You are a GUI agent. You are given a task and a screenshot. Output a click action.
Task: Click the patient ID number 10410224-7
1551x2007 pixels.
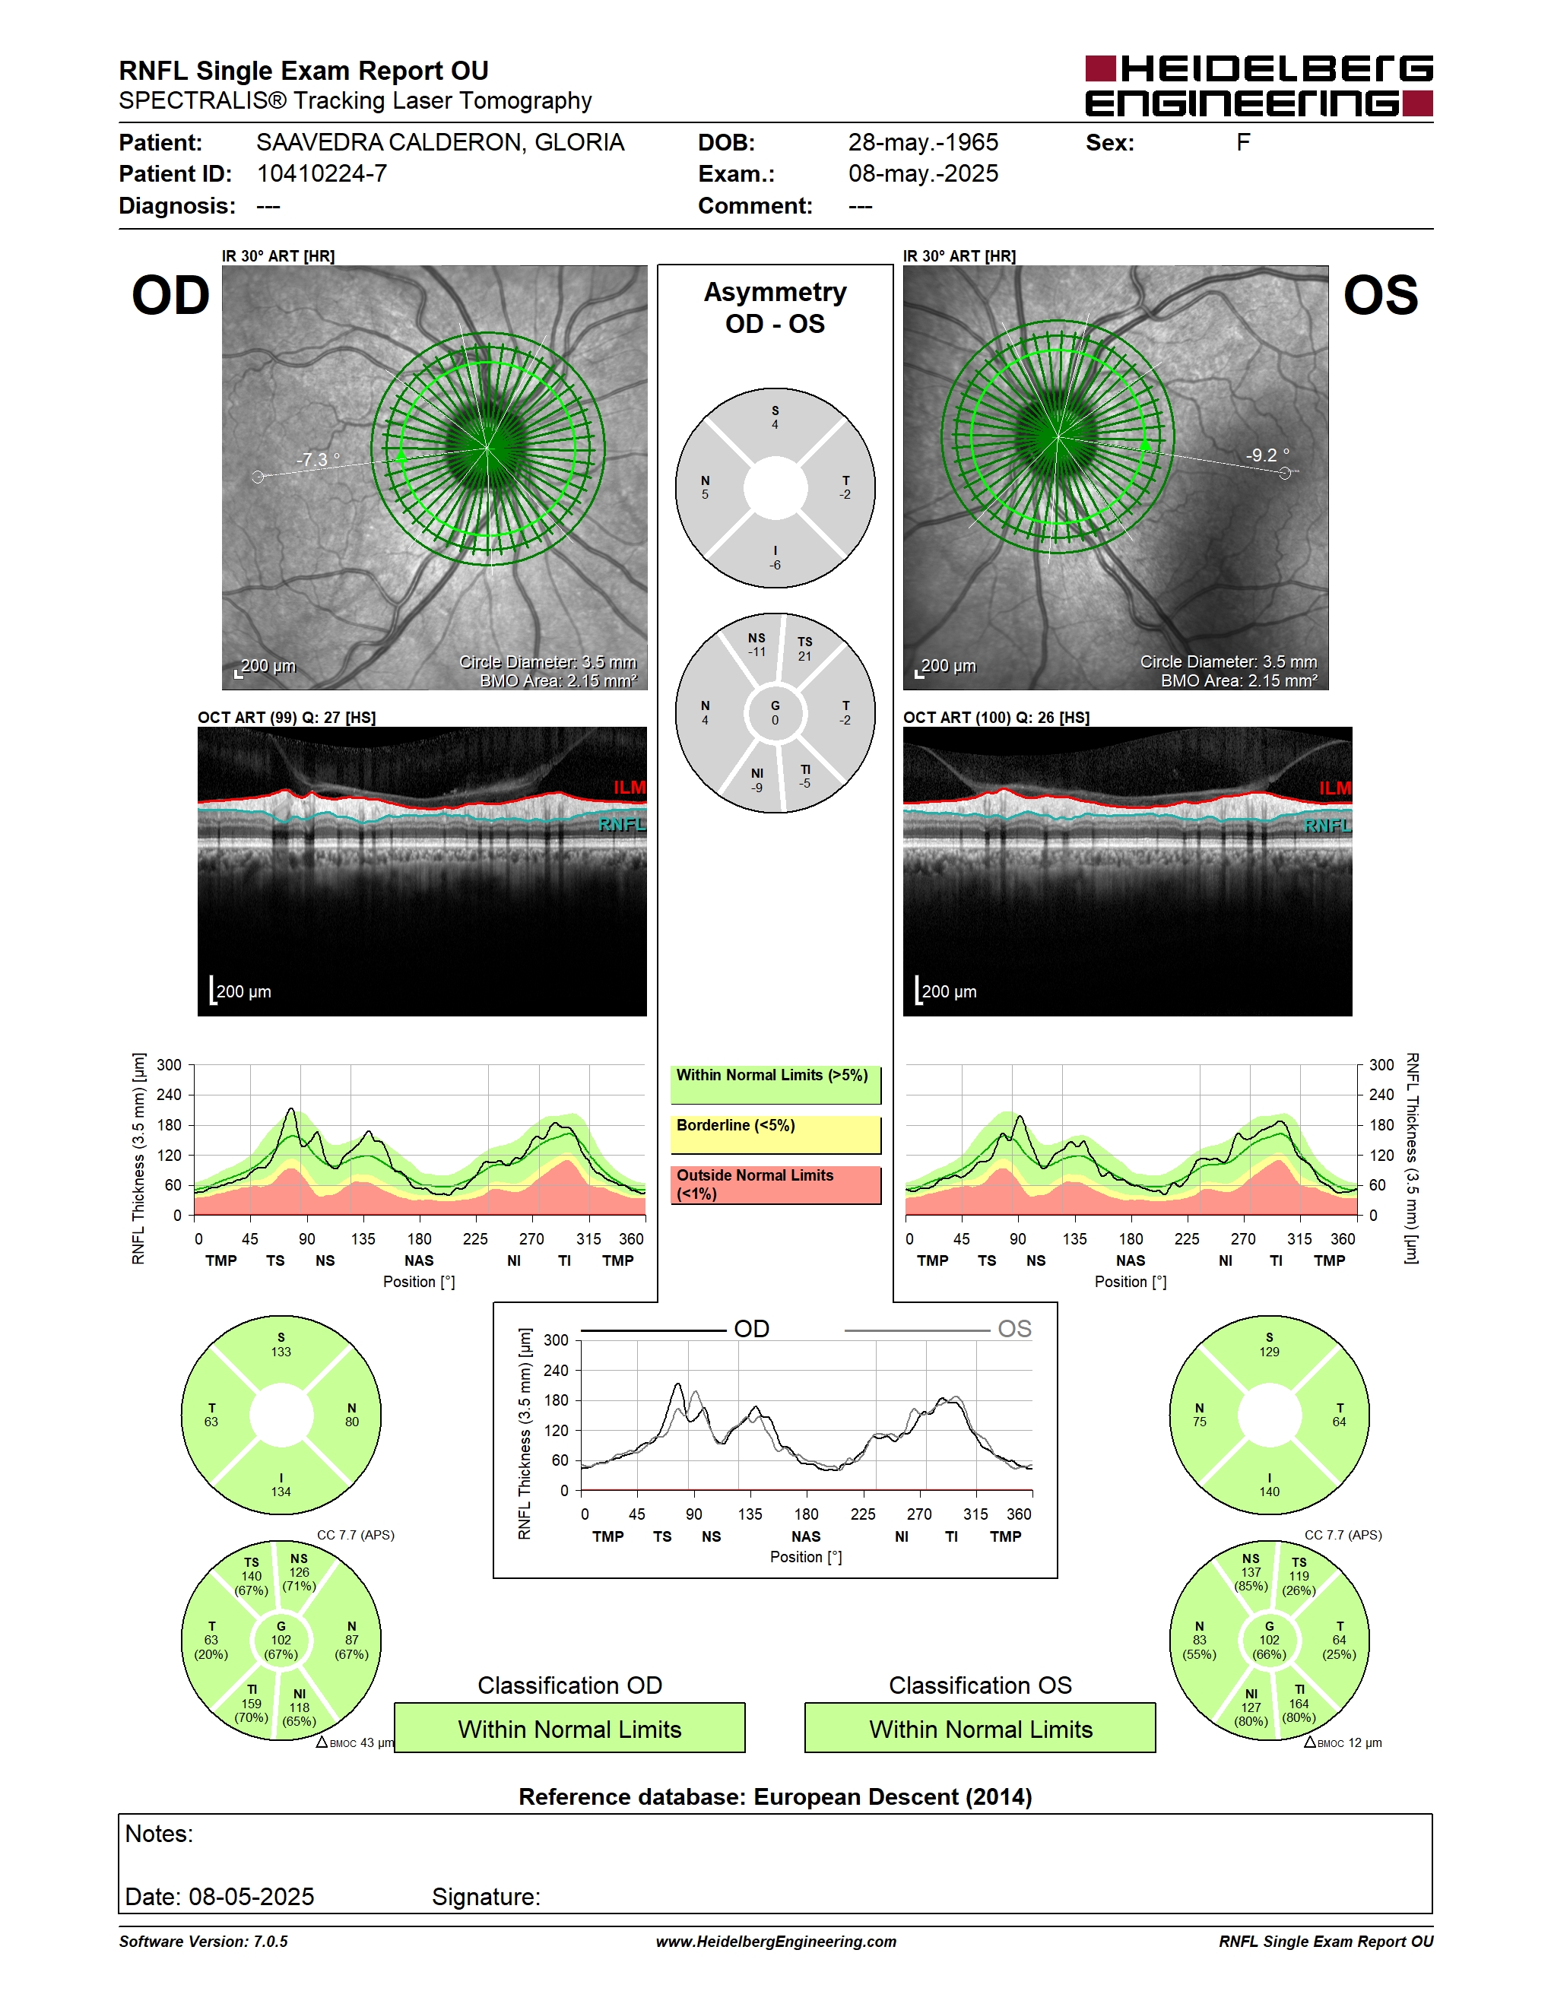pyautogui.click(x=322, y=173)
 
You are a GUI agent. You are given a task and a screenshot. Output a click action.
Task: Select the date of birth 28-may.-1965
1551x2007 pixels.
pyautogui.click(x=922, y=142)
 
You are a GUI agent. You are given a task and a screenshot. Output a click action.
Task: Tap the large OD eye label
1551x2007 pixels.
pyautogui.click(x=171, y=296)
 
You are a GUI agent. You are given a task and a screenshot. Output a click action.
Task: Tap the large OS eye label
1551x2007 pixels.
pyautogui.click(x=1380, y=296)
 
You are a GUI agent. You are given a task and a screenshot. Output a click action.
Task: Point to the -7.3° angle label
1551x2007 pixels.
pyautogui.click(x=318, y=458)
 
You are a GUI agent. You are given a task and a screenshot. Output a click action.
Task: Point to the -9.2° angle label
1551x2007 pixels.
pyautogui.click(x=1267, y=454)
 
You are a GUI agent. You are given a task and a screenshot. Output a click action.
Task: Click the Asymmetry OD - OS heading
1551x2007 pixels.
pyautogui.click(x=775, y=308)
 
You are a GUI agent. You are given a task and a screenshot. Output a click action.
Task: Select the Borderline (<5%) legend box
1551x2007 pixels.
pyautogui.click(x=775, y=1135)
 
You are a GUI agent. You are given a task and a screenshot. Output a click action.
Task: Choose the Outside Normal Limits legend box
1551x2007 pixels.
pyautogui.click(x=775, y=1185)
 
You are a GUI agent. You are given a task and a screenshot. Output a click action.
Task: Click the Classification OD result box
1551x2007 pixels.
pyautogui.click(x=569, y=1728)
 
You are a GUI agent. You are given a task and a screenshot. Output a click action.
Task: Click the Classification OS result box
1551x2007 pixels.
pyautogui.click(x=981, y=1728)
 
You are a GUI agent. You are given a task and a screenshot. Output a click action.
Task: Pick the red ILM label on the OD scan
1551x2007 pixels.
pyautogui.click(x=630, y=788)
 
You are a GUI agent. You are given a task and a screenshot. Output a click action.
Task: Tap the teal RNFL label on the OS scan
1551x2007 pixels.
pyautogui.click(x=1327, y=825)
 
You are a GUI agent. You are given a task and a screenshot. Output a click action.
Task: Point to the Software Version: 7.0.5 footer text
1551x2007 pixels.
pyautogui.click(x=203, y=1941)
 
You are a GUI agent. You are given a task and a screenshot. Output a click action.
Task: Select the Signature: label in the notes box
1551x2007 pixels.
pyautogui.click(x=486, y=1897)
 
